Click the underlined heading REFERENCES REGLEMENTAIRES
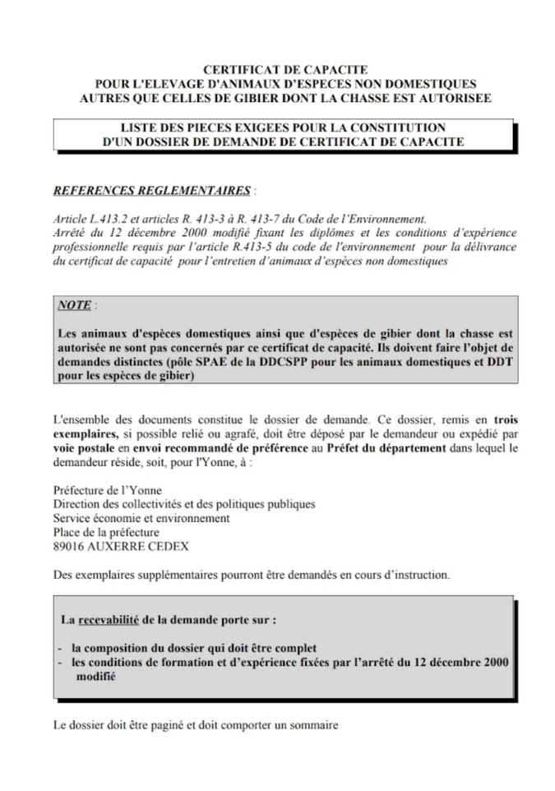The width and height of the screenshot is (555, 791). (x=151, y=190)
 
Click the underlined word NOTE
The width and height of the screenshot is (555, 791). (x=75, y=304)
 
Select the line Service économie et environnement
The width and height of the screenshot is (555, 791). (x=141, y=518)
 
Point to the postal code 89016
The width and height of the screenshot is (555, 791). (x=69, y=546)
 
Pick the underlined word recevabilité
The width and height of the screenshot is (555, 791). (x=114, y=618)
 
